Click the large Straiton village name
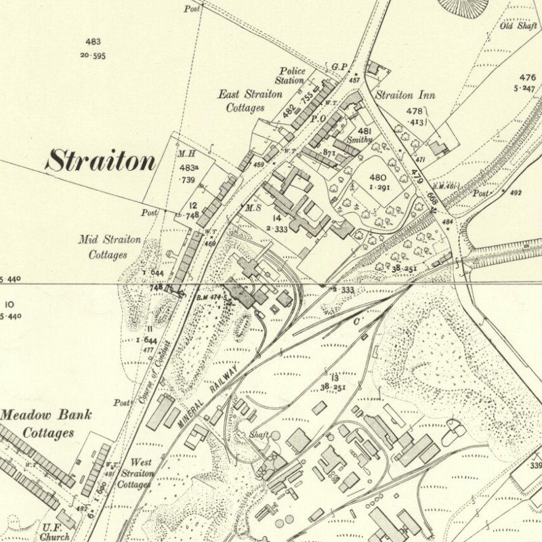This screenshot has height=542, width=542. [x=101, y=161]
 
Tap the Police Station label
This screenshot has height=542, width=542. [x=291, y=75]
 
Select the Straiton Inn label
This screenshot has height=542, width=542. [x=405, y=96]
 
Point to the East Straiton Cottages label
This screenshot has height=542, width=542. [x=249, y=101]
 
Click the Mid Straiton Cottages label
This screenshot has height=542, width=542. [x=109, y=247]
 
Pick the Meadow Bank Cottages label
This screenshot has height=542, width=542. [x=46, y=423]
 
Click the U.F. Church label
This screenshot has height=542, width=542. [x=56, y=532]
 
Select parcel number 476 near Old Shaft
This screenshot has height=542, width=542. [x=527, y=77]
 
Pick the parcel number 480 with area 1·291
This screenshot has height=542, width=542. [x=379, y=178]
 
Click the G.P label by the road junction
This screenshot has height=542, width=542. [x=339, y=66]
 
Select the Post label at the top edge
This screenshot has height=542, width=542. [x=192, y=9]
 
